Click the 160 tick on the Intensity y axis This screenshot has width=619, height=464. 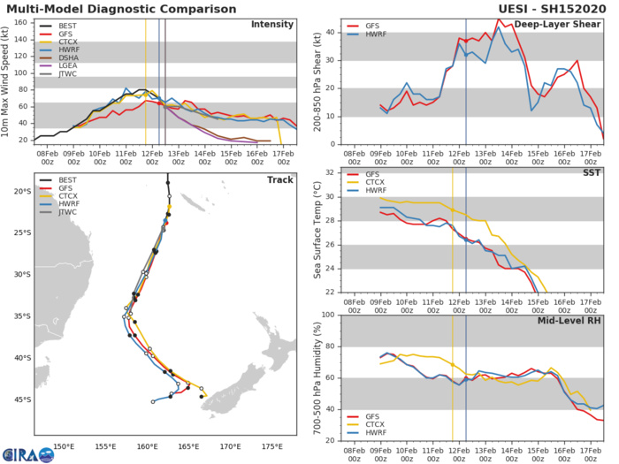tap(19, 22)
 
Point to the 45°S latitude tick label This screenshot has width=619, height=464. tap(18, 399)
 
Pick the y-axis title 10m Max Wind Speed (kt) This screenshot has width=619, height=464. tap(7, 80)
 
